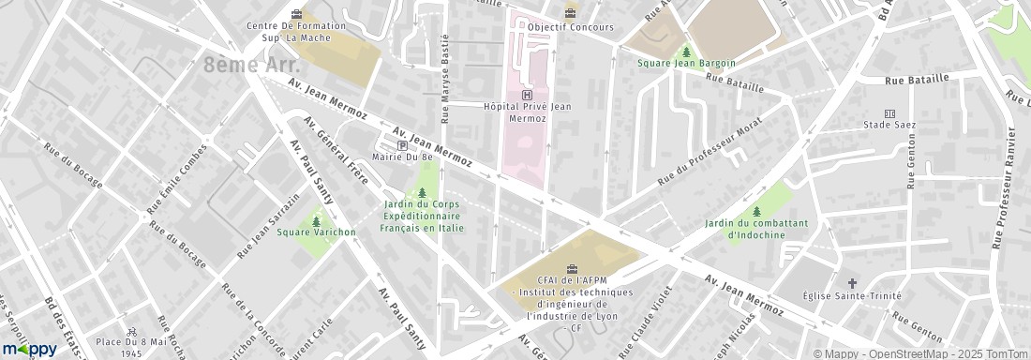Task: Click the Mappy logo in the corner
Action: [28, 349]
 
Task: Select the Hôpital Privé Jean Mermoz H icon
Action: [527, 95]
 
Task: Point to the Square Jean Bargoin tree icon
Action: [686, 51]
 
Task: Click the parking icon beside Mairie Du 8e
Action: [402, 145]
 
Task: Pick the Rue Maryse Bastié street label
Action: [445, 79]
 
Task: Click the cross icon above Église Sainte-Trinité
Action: [852, 282]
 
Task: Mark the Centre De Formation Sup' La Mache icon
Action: [298, 13]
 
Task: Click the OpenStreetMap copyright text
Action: [909, 353]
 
